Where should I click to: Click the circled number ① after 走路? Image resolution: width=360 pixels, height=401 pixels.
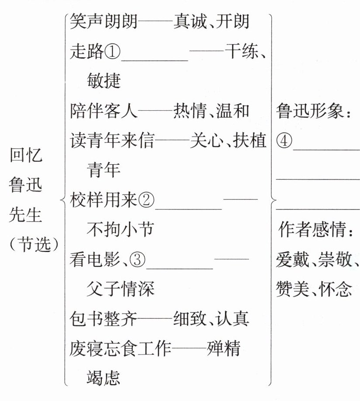112,54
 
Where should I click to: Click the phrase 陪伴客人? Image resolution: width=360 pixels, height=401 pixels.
104,111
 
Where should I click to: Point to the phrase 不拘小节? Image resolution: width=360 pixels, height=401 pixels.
120,229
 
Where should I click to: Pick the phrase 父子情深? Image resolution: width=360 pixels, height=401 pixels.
120,289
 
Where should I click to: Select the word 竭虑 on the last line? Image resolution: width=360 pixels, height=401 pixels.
103,377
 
